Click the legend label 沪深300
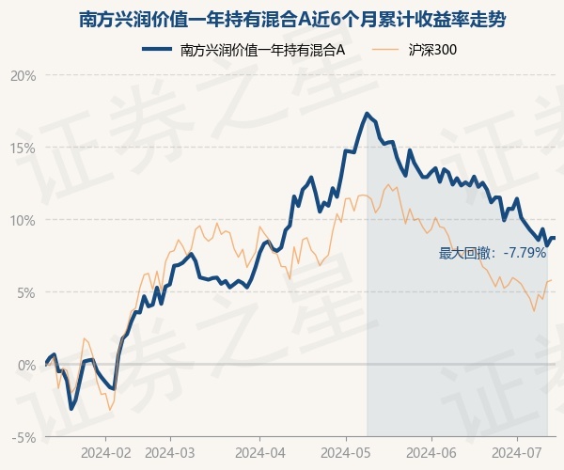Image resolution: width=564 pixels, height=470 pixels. click(x=433, y=49)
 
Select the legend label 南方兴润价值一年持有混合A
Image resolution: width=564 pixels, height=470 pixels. click(x=262, y=49)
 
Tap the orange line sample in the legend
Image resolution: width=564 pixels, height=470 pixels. click(x=386, y=49)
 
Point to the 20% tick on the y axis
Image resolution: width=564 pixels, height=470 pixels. click(x=23, y=75)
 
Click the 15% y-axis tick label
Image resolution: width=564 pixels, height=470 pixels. click(x=23, y=148)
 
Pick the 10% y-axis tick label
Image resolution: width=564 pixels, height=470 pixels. click(x=23, y=220)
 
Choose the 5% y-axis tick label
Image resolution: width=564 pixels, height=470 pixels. click(x=25, y=292)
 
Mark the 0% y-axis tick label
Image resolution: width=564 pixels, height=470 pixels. click(x=25, y=365)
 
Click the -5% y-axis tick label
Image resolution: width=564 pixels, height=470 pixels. click(x=23, y=437)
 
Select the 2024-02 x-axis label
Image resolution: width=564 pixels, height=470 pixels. click(x=105, y=452)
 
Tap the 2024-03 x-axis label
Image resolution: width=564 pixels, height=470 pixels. click(x=170, y=452)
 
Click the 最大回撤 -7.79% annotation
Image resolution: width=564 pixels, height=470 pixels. click(x=493, y=253)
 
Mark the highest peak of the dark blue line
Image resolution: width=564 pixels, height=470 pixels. click(x=367, y=114)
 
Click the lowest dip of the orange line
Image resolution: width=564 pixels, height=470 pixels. click(x=110, y=410)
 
